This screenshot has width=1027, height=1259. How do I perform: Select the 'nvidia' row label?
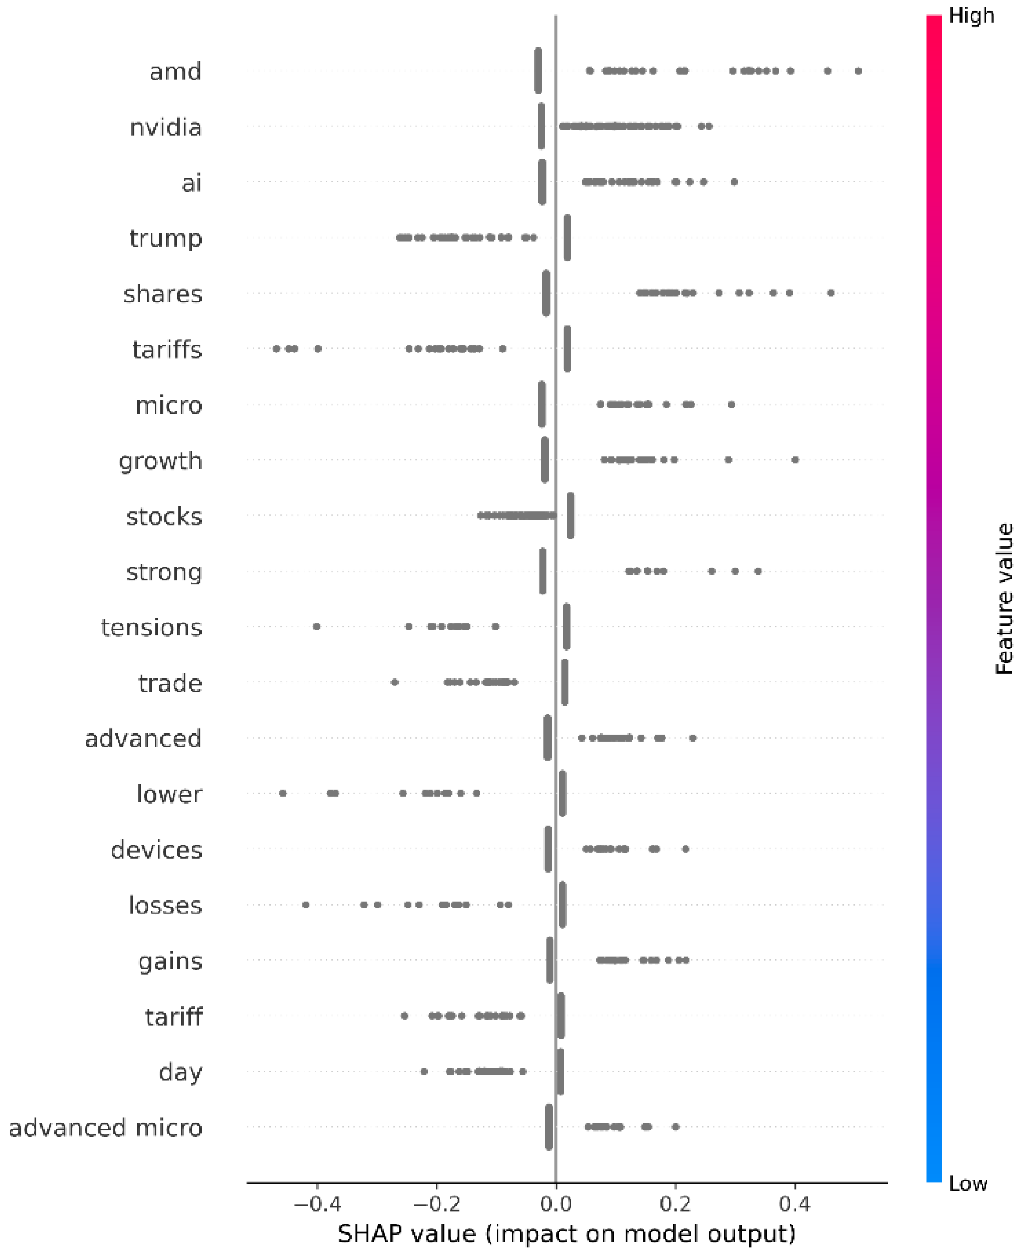(x=166, y=127)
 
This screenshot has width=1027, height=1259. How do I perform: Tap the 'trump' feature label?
(x=166, y=238)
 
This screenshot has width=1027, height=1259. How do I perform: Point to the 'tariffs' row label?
(x=167, y=350)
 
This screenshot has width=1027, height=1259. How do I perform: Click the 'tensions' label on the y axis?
(x=152, y=627)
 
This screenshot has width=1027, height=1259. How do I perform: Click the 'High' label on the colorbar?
(x=971, y=16)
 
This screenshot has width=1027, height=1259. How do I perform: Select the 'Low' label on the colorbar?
(x=968, y=1183)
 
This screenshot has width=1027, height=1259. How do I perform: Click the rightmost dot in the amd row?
(x=858, y=71)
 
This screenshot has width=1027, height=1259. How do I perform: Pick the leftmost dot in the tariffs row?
(x=276, y=349)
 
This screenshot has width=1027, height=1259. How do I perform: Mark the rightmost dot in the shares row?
(x=830, y=293)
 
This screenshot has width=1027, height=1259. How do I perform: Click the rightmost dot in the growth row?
(x=795, y=460)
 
